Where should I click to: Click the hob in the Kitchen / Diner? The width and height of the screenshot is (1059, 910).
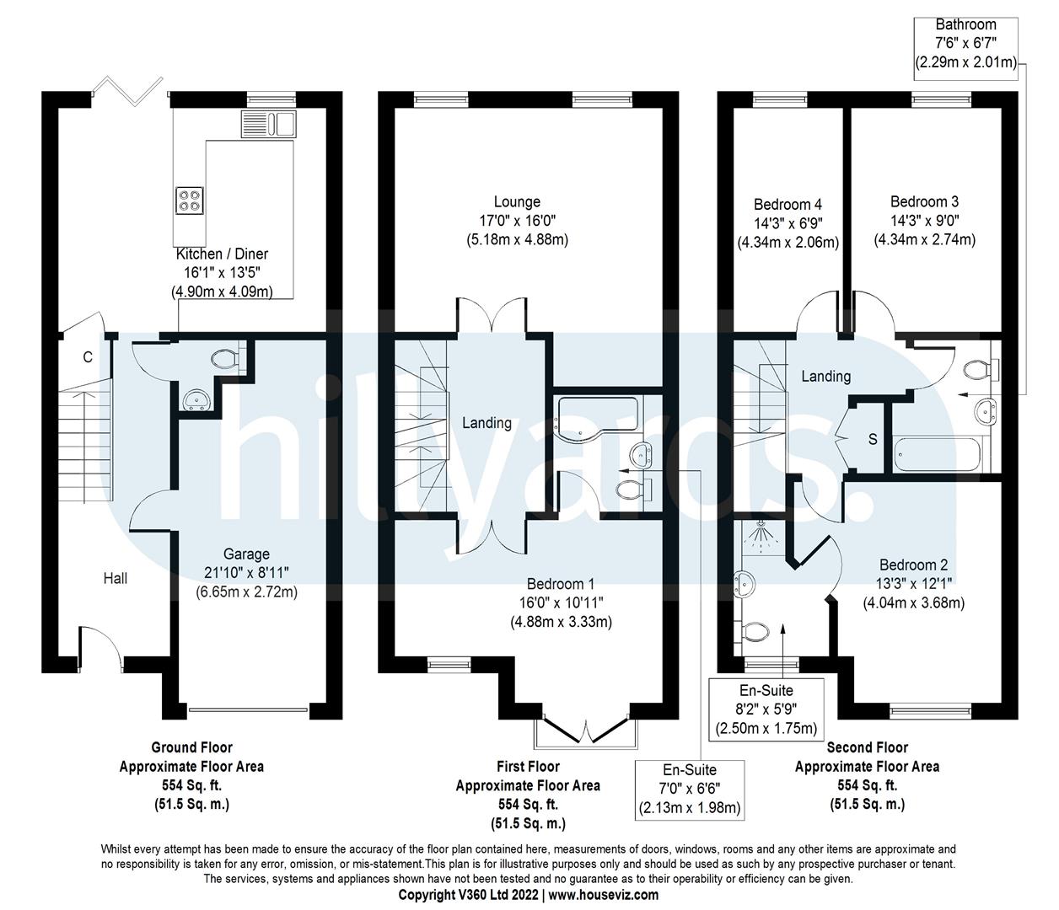(189, 200)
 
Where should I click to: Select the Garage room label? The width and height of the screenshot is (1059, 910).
(246, 554)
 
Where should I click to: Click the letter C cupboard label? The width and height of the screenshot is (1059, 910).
(87, 357)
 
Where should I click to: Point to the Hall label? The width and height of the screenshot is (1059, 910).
(116, 578)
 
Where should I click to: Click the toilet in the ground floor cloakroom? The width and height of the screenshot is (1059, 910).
(226, 359)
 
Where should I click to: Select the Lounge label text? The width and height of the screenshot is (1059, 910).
(517, 202)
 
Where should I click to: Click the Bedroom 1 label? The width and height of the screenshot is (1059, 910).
(561, 584)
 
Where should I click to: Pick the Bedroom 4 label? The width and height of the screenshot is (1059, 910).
(788, 204)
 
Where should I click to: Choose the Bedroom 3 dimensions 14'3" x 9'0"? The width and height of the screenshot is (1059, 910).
(924, 221)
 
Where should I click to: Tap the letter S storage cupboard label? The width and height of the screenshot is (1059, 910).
(872, 439)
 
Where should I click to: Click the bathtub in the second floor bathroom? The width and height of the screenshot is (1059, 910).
(938, 454)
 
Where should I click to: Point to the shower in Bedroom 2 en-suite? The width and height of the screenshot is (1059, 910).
(761, 537)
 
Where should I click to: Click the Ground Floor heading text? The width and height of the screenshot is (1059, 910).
(191, 747)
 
